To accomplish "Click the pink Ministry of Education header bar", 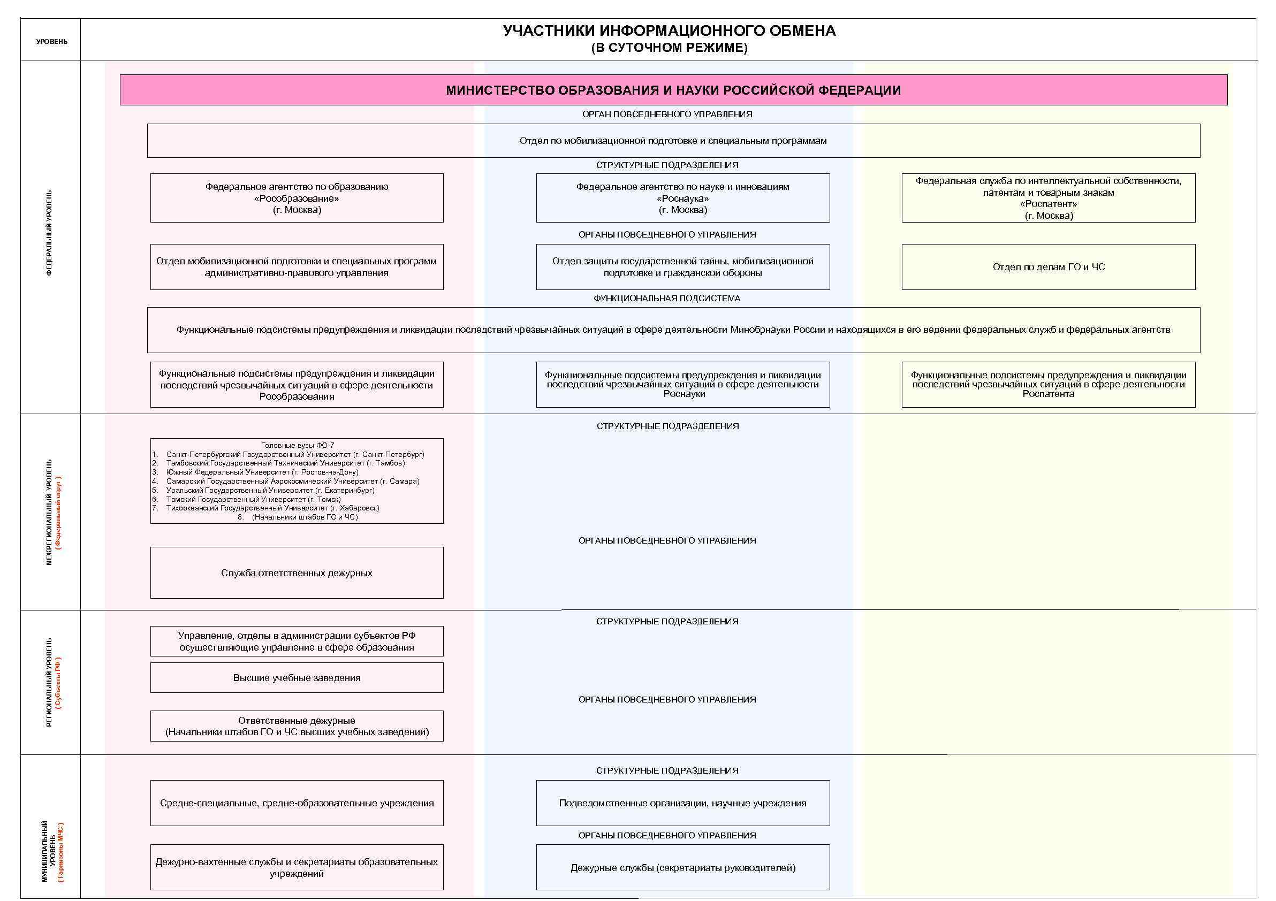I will click(673, 90).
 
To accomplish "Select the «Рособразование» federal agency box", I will click(297, 198).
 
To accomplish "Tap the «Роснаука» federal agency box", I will click(682, 198).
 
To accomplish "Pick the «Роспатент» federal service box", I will click(1048, 198).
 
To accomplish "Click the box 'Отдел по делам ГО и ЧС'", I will click(1048, 267).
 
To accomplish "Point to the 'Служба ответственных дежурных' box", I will click(297, 572).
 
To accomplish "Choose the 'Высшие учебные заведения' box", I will click(297, 678).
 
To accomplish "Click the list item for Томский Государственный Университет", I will click(253, 499).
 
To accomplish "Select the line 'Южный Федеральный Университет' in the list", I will click(262, 472).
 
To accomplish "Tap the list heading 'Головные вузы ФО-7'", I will click(298, 445).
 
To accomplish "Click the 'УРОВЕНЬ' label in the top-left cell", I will click(52, 42).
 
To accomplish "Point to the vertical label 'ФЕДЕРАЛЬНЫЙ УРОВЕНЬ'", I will click(49, 233).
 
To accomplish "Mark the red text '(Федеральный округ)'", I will click(59, 513).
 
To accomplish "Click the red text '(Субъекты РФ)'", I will click(59, 683).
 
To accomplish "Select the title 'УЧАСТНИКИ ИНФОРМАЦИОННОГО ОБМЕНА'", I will click(669, 31).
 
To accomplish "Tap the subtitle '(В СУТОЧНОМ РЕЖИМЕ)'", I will click(669, 48).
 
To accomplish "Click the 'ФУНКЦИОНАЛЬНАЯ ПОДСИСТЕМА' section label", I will click(667, 299).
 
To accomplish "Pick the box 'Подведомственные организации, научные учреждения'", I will click(682, 803).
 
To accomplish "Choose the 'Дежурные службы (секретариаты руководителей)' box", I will click(682, 868).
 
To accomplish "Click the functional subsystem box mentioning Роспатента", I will click(1048, 384).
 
